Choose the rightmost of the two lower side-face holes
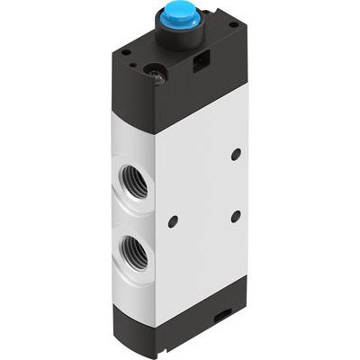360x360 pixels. (237, 214)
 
